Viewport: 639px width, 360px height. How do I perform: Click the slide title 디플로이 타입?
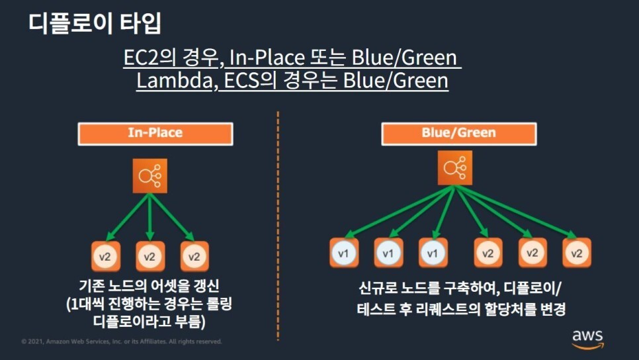[95, 23]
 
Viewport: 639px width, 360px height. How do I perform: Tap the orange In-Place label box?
[155, 134]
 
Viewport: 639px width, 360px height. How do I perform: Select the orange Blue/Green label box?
[458, 134]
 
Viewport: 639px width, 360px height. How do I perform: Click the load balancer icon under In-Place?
[149, 177]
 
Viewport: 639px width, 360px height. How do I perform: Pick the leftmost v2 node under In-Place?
[105, 256]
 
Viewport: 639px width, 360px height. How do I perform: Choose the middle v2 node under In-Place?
[149, 256]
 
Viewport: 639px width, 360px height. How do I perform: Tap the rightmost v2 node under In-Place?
[194, 256]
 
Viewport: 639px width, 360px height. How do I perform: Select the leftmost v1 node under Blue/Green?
[344, 253]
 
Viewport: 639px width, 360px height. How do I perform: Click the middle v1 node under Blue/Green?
[388, 253]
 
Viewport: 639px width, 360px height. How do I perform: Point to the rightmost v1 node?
[433, 253]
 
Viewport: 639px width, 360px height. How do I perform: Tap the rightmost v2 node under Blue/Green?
[576, 253]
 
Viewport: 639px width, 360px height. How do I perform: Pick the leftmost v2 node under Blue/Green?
[488, 253]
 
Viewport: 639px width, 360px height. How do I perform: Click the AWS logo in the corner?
[587, 337]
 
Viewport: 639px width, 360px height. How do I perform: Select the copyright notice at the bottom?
[121, 342]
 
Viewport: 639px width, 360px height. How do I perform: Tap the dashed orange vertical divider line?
[278, 225]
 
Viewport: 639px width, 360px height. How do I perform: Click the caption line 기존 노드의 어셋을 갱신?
[149, 286]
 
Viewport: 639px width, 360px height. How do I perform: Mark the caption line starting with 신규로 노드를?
[458, 289]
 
